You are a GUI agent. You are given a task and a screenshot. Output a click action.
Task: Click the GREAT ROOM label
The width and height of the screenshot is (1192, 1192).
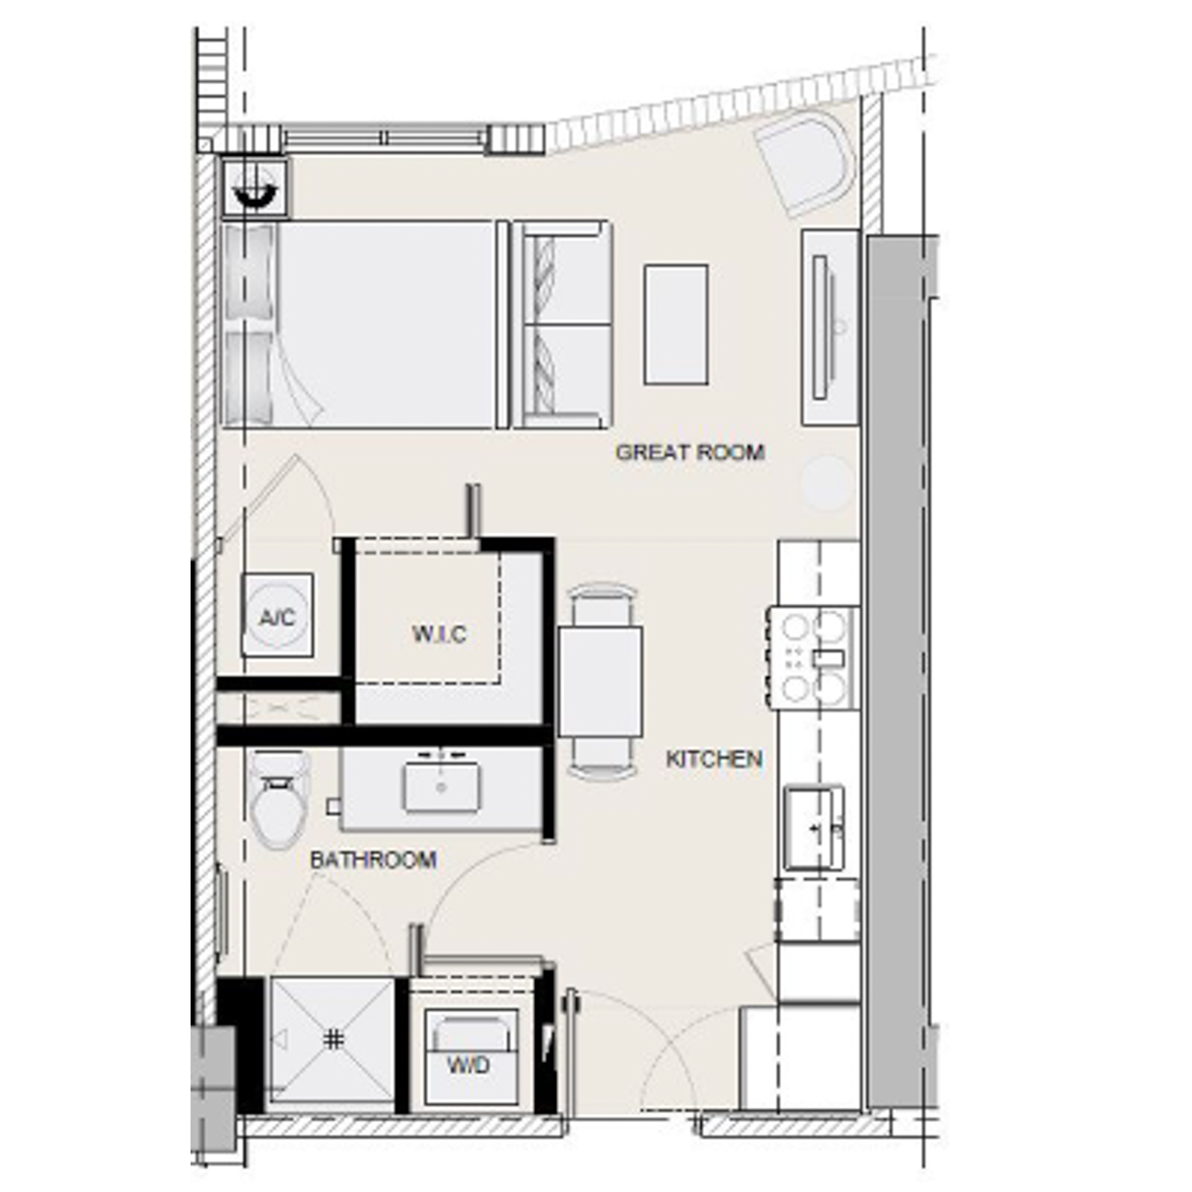point(689,452)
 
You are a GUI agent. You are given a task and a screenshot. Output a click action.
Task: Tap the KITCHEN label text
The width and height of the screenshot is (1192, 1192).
point(713,759)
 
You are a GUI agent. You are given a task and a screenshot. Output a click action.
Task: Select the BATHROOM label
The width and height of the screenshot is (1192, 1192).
point(373,860)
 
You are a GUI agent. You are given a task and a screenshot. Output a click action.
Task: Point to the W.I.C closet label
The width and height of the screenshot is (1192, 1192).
point(439,634)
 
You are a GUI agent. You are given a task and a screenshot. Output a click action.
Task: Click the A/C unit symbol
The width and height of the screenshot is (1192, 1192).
point(277,615)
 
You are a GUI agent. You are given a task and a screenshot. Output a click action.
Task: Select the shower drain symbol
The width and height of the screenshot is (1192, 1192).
point(334,1040)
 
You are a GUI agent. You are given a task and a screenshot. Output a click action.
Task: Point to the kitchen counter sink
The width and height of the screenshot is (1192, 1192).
point(814,828)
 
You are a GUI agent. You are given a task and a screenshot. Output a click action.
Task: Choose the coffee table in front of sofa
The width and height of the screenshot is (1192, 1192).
point(675,324)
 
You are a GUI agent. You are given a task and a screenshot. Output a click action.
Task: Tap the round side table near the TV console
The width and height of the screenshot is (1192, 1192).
point(826,483)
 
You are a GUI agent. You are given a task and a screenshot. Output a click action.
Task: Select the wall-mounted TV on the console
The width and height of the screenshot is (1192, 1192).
point(820,327)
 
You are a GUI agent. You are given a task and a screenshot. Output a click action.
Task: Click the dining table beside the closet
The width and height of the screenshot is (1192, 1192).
point(599,681)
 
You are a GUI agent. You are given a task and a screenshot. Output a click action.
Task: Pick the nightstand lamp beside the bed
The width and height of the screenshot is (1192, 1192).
point(254,187)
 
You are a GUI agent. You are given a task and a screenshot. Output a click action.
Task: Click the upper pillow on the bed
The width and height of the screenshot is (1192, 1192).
point(250,272)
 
